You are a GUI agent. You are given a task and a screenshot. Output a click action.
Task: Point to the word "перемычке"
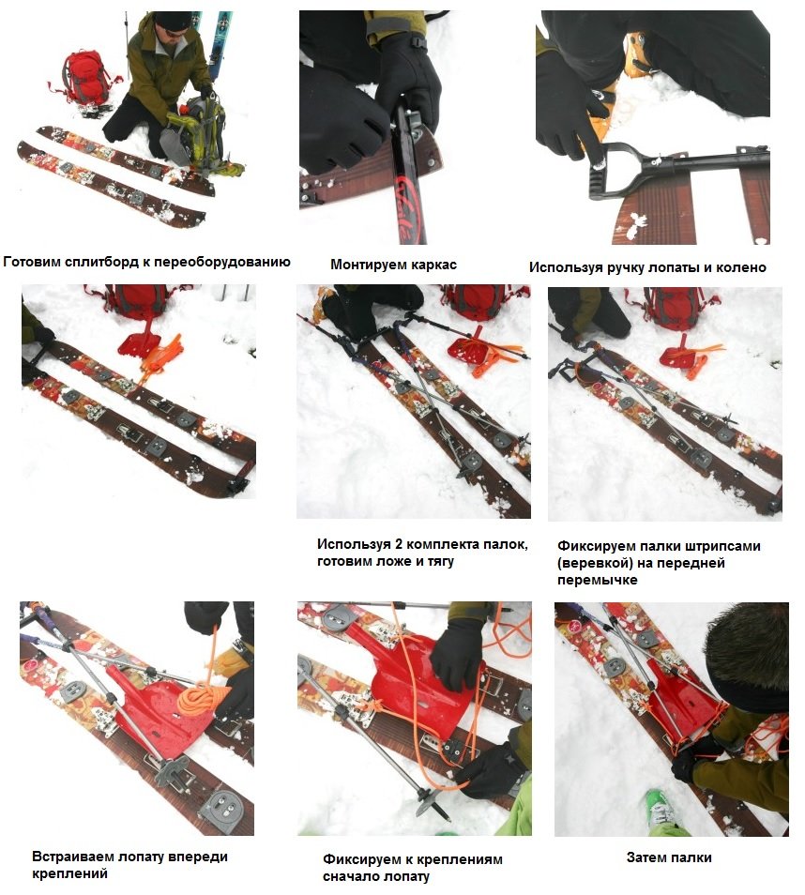pos(598,580)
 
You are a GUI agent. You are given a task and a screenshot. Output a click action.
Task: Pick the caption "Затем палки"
pos(669,857)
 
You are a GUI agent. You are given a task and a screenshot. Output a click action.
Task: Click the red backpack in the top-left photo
pos(85,78)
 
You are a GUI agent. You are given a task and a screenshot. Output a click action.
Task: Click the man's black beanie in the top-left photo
pos(172,21)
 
